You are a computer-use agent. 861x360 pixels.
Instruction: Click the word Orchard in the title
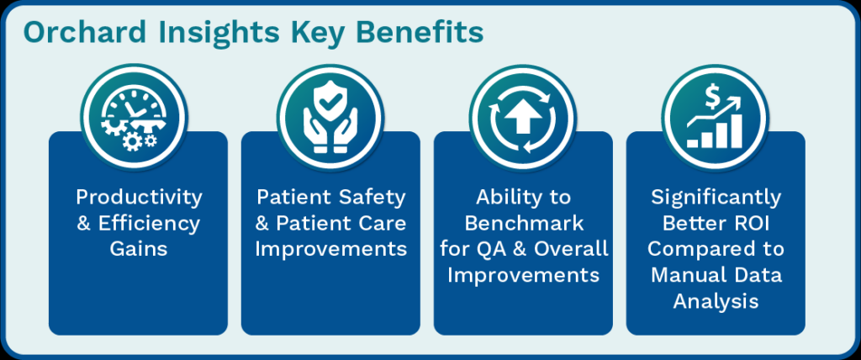85,33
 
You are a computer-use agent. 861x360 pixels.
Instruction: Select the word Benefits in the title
420,33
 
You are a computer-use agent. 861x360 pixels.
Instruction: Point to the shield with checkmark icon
328,117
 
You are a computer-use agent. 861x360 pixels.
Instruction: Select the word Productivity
139,198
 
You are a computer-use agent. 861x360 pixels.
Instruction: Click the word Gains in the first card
139,248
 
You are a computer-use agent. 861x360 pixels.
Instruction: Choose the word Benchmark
523,223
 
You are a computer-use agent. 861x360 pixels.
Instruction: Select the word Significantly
716,199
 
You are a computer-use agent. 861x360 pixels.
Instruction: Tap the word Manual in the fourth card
687,274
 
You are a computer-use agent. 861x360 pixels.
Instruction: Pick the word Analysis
716,301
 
